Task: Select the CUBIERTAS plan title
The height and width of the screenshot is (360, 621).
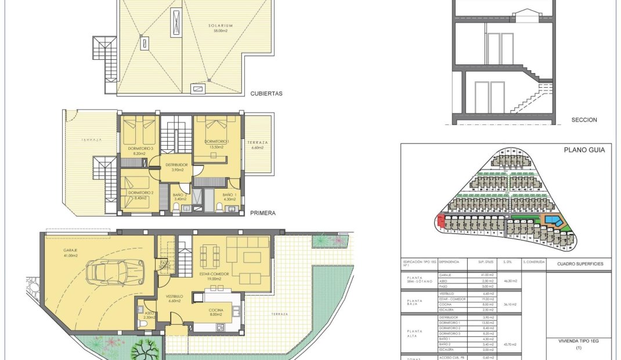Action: click(266, 93)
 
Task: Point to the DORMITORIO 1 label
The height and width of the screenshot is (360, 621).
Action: click(217, 142)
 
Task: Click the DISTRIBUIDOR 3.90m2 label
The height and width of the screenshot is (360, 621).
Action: click(177, 167)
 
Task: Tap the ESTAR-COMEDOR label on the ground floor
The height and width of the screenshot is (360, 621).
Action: click(216, 274)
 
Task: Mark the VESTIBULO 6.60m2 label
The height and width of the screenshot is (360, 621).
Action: click(175, 297)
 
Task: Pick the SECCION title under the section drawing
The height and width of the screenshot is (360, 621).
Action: click(584, 120)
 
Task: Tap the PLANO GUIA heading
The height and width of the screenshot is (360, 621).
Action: click(584, 150)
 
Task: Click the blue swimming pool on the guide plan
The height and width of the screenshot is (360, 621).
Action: click(553, 221)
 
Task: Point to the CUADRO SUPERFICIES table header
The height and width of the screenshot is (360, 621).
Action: click(580, 264)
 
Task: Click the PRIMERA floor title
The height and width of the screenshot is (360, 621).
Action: click(262, 213)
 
